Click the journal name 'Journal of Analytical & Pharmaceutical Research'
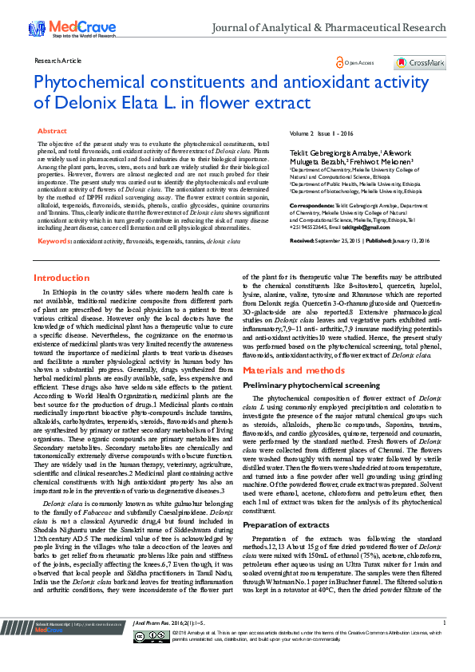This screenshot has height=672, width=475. tap(328, 28)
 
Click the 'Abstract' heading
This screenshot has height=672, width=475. tap(53, 130)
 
